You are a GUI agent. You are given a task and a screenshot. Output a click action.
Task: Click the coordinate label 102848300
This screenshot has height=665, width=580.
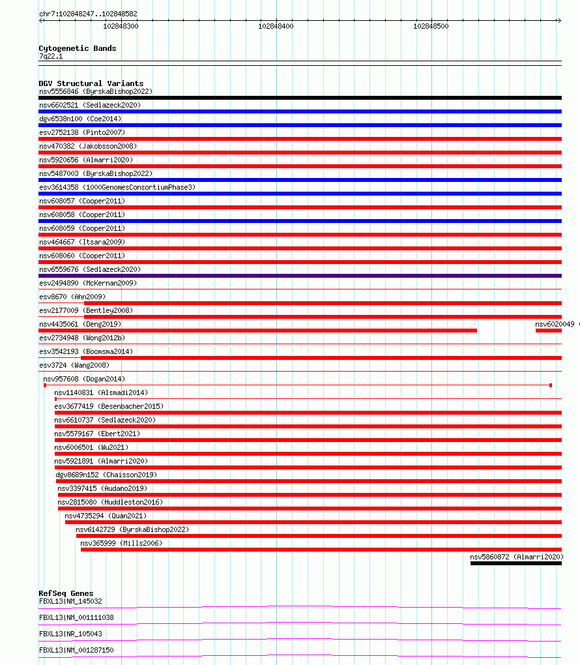point(121,26)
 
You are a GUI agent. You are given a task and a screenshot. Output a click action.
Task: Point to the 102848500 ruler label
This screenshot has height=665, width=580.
point(431,26)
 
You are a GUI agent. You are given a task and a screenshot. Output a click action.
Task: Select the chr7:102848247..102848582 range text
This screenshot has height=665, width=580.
point(88,14)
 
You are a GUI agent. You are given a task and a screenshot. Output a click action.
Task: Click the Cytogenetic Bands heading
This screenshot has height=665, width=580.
point(77,48)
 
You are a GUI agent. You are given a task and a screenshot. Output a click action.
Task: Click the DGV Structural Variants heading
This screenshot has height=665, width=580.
point(91,83)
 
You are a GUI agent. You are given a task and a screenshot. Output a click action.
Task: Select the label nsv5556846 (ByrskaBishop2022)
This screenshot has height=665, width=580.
point(95,91)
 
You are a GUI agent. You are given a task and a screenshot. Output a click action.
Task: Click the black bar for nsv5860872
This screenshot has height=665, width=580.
point(515,563)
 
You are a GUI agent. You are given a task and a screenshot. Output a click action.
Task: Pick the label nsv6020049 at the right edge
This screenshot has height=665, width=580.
point(555,324)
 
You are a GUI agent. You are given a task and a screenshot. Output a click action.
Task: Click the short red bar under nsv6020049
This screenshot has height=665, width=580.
point(548,331)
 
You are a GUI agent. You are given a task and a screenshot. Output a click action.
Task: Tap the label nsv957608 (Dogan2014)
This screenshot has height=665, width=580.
point(83,379)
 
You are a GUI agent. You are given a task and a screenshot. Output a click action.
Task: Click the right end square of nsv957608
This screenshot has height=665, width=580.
point(551,385)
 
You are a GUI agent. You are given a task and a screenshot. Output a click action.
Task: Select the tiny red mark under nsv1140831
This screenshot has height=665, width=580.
point(55,398)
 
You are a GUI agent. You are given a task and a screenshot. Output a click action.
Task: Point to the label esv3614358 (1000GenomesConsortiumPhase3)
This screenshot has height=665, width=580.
point(117,187)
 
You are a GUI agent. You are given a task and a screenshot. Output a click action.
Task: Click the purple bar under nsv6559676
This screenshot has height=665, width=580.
point(300,276)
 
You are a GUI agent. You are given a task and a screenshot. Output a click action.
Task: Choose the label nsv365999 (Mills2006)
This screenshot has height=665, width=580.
point(121,543)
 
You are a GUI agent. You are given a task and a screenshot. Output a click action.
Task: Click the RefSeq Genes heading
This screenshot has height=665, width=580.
point(66,593)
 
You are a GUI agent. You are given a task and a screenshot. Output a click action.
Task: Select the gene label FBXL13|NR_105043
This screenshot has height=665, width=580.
point(70,634)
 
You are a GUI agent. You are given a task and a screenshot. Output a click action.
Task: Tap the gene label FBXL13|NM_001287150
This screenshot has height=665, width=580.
point(76,650)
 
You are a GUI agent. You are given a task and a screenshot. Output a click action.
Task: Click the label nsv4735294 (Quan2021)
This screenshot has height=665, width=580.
point(106,516)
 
